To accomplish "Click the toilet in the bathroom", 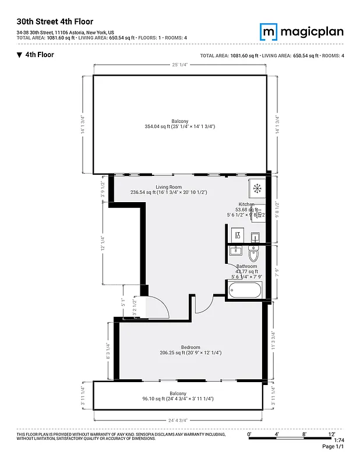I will (x=253, y=255).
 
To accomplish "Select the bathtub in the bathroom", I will (x=244, y=290).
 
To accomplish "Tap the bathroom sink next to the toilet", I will (x=235, y=251).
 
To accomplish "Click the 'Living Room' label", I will (x=168, y=186).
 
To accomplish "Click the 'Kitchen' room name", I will (x=246, y=204).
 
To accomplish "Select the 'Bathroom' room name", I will (x=246, y=266).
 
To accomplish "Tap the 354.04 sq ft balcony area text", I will (x=180, y=126).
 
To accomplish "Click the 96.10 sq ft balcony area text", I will (x=178, y=399).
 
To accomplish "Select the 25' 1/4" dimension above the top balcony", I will (x=180, y=64).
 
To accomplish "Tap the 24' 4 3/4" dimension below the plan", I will (x=178, y=420).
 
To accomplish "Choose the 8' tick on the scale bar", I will (x=304, y=435).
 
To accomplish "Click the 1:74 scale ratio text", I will (x=338, y=440).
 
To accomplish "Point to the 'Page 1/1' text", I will (x=333, y=447).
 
